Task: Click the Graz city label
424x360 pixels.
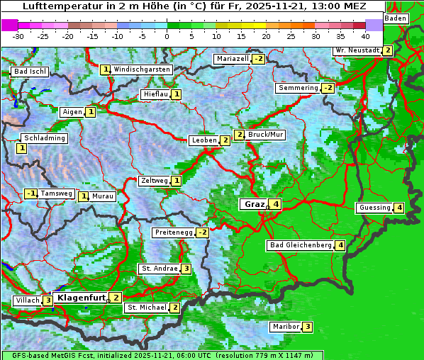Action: [254, 204]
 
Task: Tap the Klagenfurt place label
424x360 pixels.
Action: [81, 298]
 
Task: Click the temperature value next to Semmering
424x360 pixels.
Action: [327, 88]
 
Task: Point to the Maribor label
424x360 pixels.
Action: [285, 327]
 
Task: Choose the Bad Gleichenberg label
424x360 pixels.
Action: [301, 245]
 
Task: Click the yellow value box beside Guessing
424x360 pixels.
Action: [399, 208]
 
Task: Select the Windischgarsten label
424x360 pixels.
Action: [142, 69]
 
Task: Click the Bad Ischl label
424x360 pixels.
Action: [30, 72]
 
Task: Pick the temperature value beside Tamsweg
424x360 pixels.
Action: [30, 193]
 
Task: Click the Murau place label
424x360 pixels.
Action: [104, 196]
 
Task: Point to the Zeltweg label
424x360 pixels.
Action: [155, 181]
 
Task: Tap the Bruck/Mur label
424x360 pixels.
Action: [266, 135]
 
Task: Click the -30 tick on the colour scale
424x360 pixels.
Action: [18, 35]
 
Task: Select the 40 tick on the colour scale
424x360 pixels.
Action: [365, 35]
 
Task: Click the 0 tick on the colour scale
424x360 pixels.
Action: [167, 35]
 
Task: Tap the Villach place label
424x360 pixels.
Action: [27, 300]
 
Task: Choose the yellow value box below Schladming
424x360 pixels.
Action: [21, 148]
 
